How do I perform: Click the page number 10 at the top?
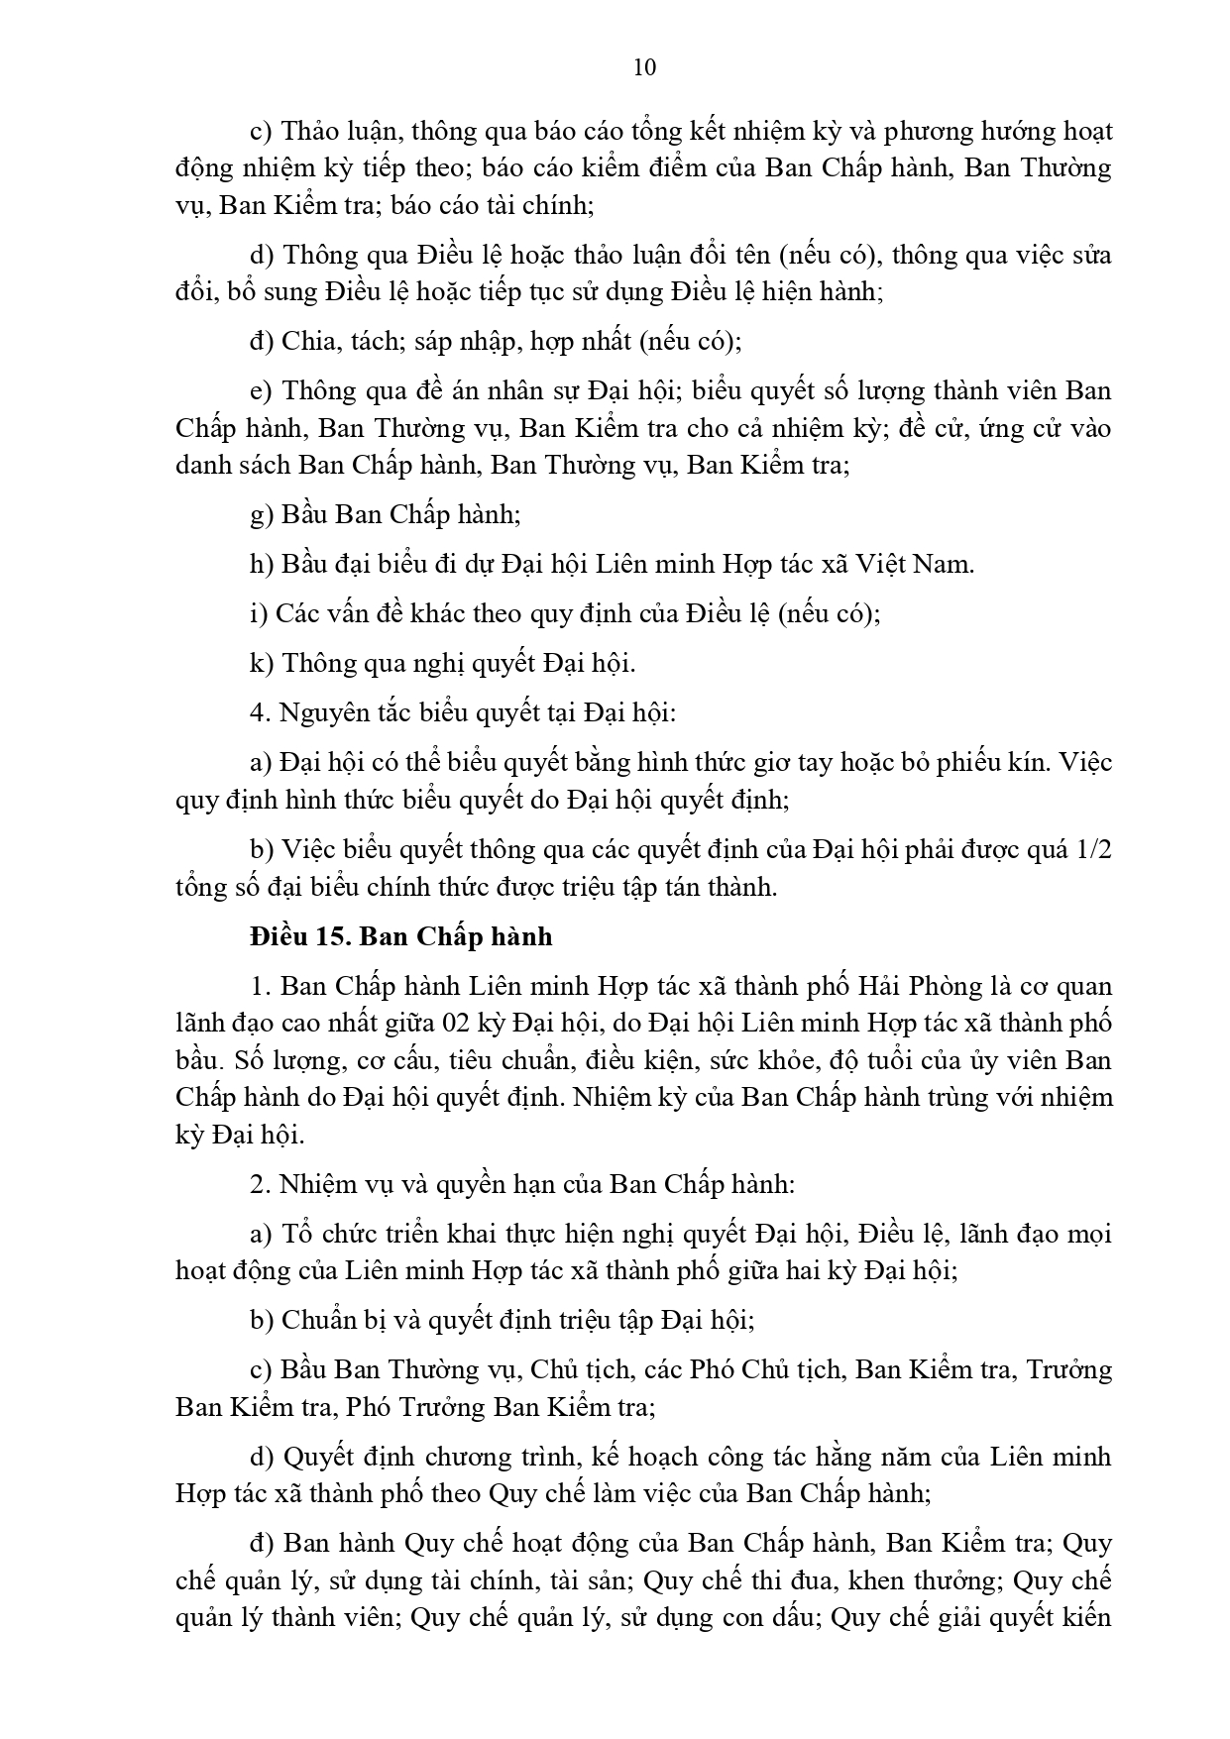643,67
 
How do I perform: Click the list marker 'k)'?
262,663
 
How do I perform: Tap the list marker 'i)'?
259,613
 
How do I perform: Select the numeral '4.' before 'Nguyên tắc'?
260,712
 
